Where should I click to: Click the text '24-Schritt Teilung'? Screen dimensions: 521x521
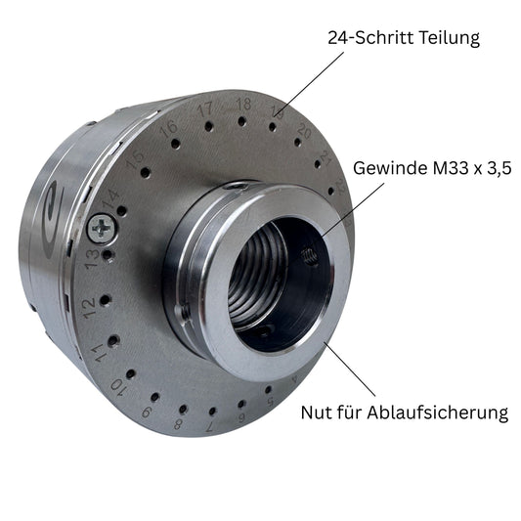click(404, 38)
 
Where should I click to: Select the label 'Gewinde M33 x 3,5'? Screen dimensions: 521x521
click(432, 168)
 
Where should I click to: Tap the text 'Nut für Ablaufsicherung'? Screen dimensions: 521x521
click(405, 412)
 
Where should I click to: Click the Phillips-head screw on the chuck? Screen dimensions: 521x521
click(103, 228)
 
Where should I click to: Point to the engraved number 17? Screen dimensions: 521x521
click(204, 109)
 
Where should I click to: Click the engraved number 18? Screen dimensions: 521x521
click(244, 104)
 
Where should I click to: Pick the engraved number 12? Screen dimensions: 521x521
click(89, 308)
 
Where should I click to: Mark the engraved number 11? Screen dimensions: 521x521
click(99, 353)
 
